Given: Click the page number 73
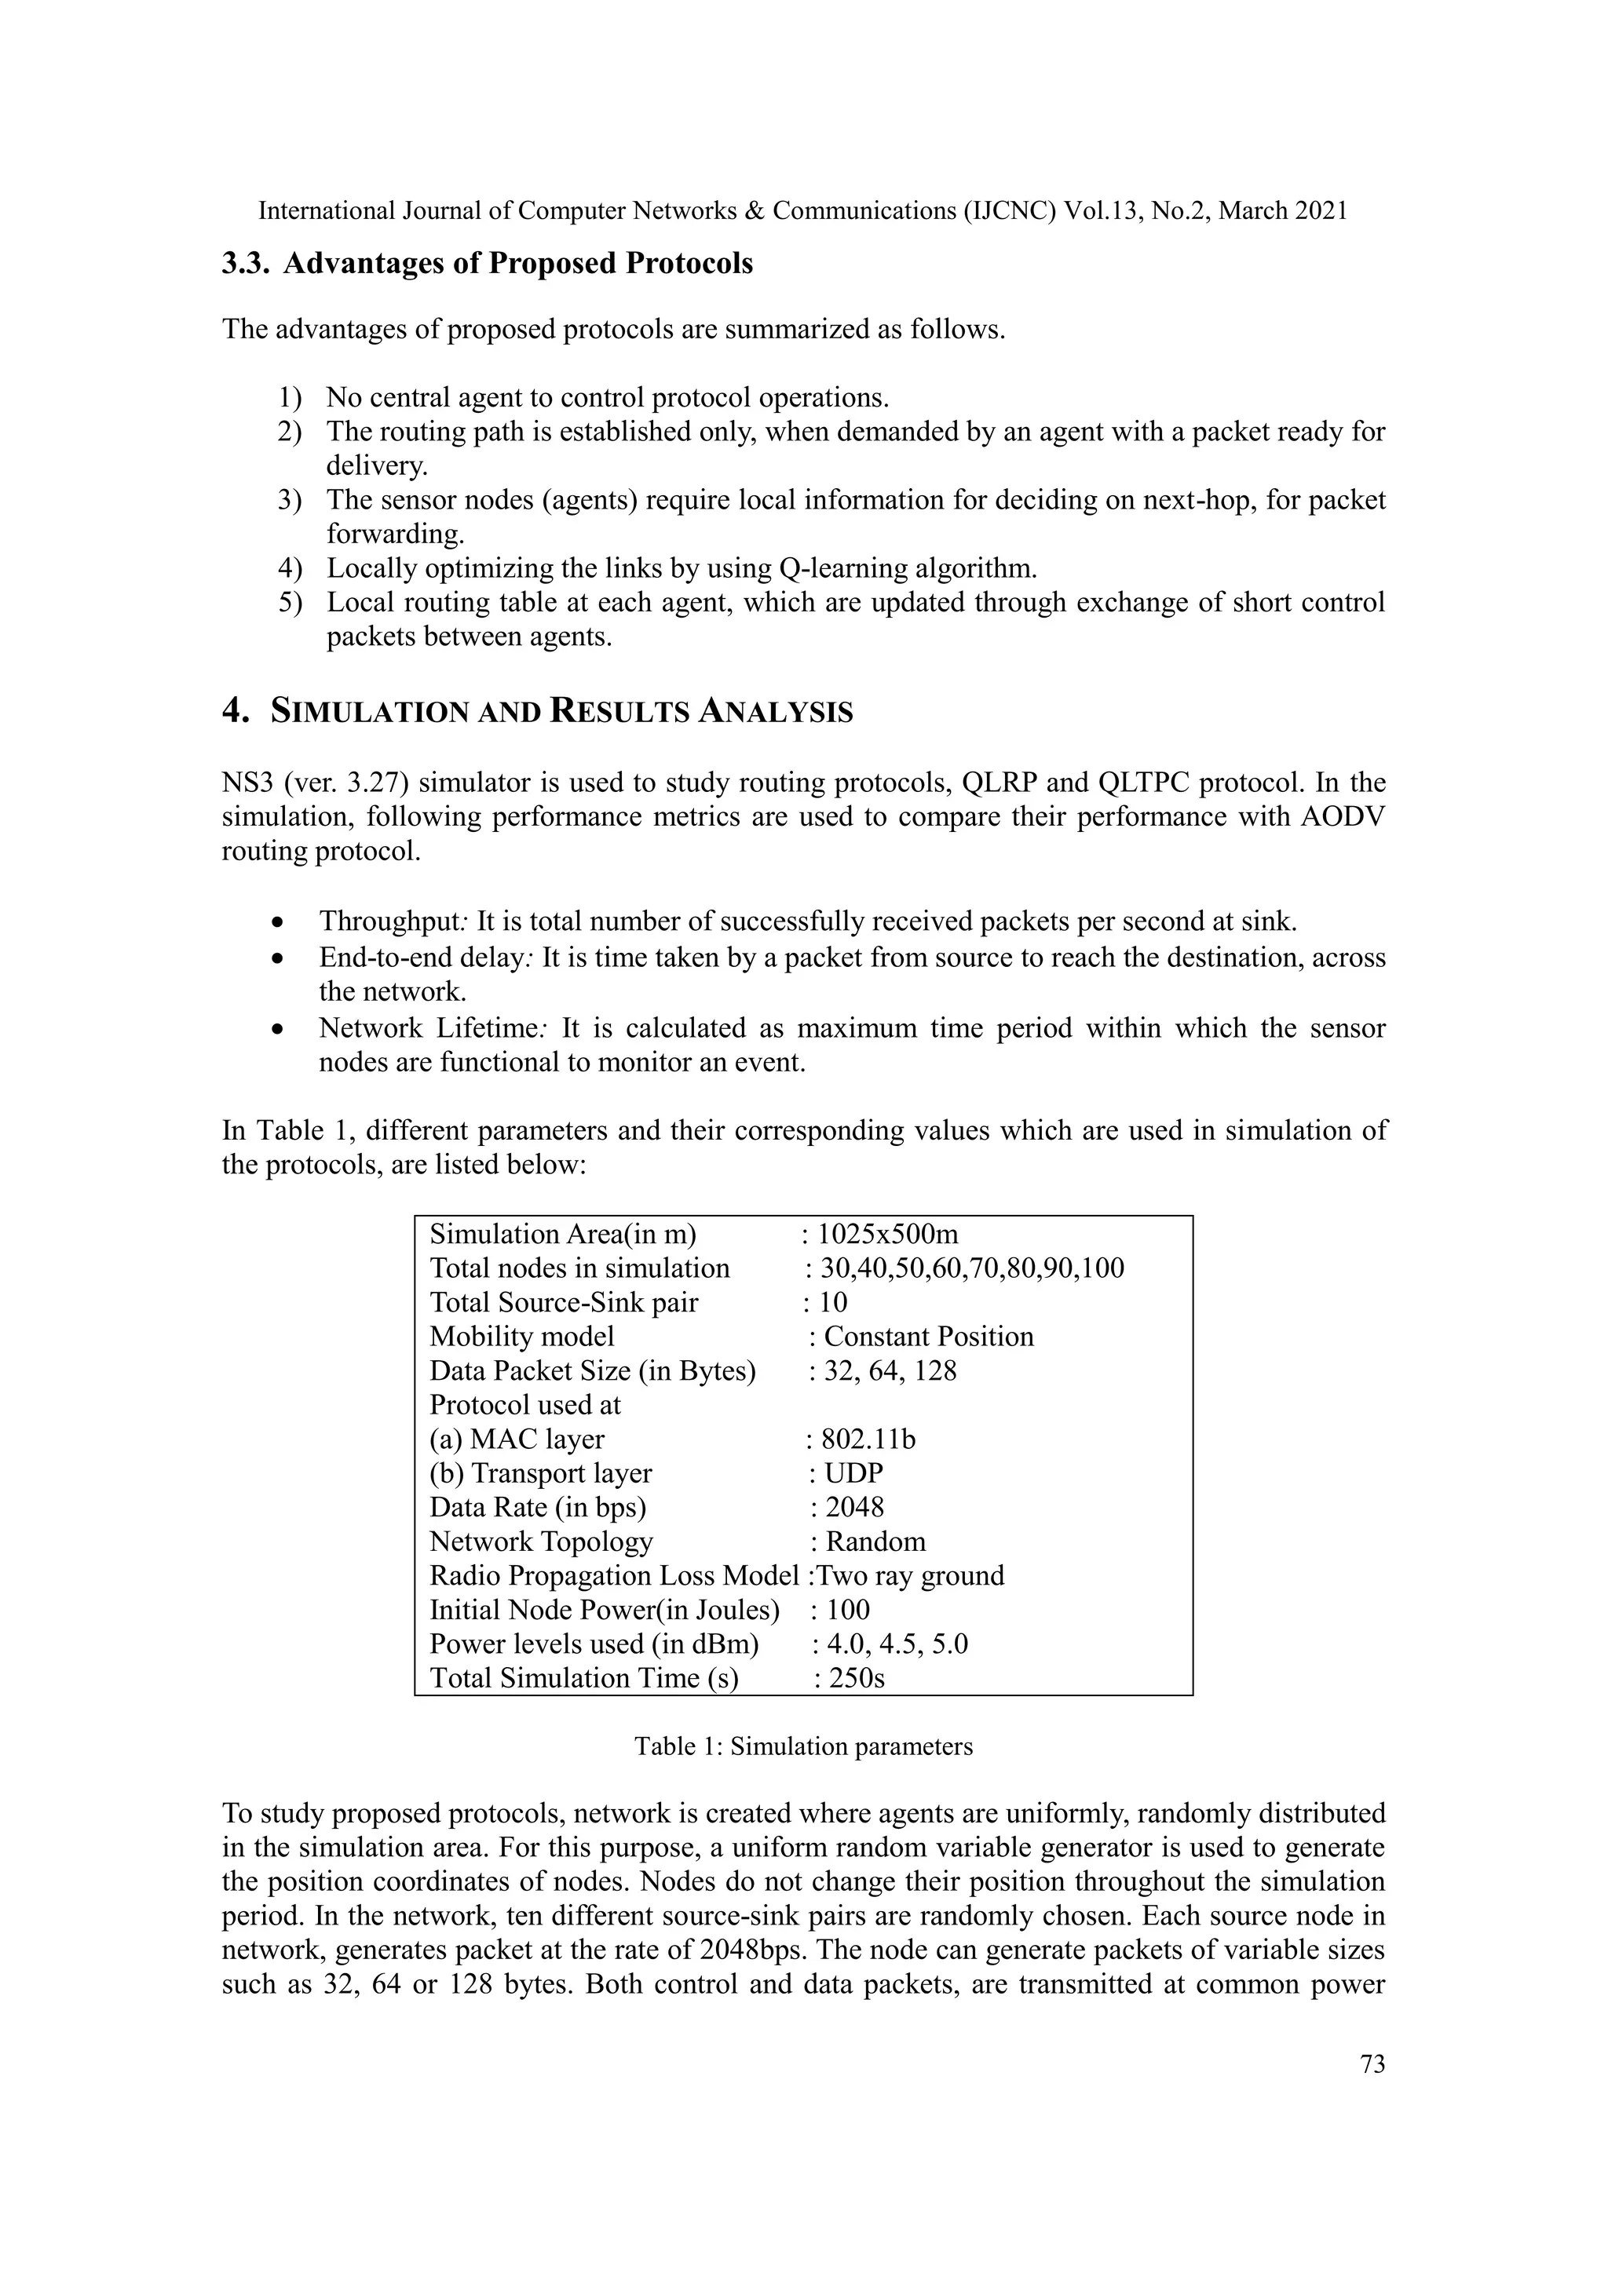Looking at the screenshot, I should (1372, 2063).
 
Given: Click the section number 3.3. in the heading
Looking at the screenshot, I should (247, 264).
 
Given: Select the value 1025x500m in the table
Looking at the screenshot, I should (888, 1235).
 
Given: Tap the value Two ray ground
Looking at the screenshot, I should (909, 1575).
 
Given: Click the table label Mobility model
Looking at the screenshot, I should (522, 1337).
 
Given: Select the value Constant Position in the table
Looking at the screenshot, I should (929, 1337).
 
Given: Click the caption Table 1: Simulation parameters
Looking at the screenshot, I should (803, 1746).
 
